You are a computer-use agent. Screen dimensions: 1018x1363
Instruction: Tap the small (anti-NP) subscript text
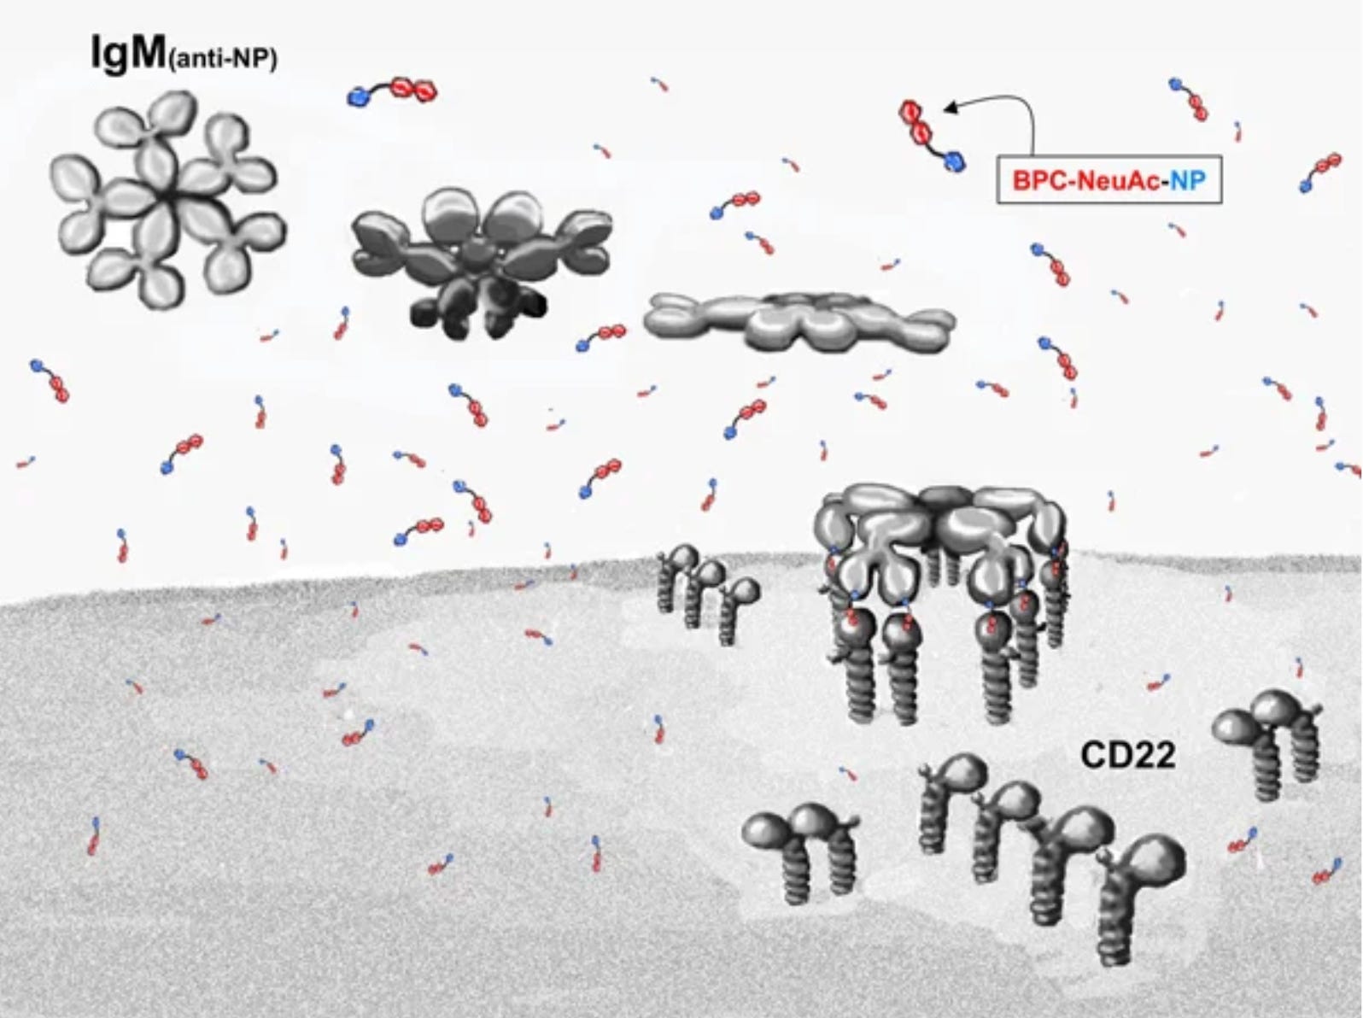tap(225, 62)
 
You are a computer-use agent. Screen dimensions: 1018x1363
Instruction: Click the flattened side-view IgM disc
tap(798, 320)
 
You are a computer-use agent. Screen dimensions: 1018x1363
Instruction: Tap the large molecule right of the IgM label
tap(393, 91)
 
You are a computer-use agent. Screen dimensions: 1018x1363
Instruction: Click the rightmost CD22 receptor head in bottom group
tap(1153, 858)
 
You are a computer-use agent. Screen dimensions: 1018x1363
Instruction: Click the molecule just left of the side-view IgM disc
tap(602, 336)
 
